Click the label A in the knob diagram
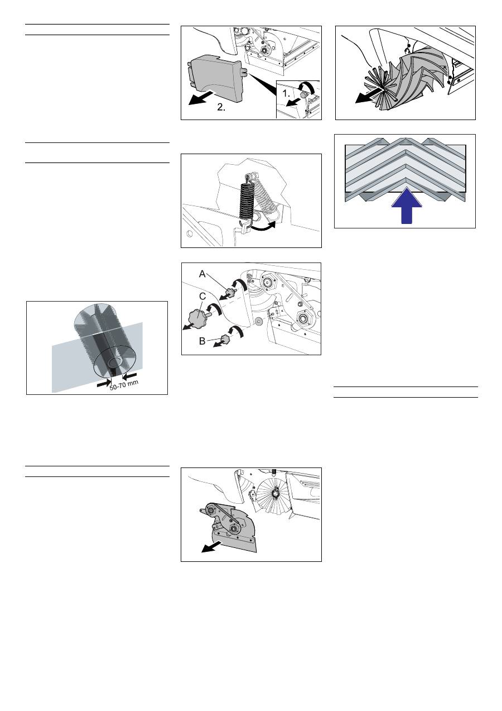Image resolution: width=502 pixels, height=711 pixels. coord(202,274)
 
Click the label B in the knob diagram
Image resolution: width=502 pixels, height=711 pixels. coord(202,341)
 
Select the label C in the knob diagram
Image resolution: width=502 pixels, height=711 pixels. coord(202,297)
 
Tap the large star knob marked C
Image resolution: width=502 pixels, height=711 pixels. coord(199,317)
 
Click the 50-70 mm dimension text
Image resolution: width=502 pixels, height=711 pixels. coord(124,385)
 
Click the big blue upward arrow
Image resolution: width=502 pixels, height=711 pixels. coord(407,206)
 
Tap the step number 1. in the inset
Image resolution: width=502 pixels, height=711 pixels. coord(286,94)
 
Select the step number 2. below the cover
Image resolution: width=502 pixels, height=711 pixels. coord(221,107)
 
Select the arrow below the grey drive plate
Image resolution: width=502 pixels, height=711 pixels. coord(212,547)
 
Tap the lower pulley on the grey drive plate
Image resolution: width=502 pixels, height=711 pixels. coord(235,528)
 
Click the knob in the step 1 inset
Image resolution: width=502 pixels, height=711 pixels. coord(303,94)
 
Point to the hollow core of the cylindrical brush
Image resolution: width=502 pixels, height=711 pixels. coord(114,362)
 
